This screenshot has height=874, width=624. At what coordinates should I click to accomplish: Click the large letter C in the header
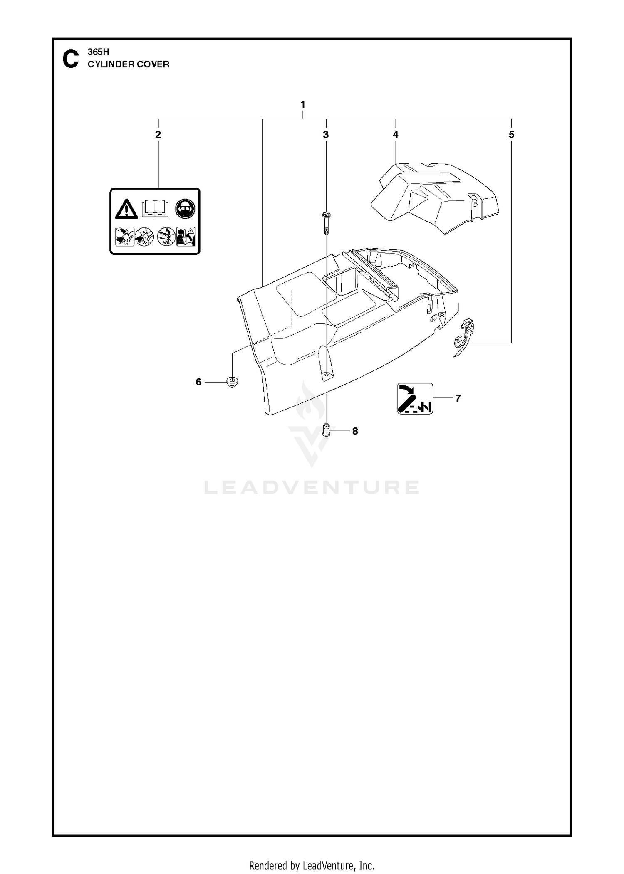[x=70, y=59]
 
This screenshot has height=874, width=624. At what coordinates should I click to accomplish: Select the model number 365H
[x=98, y=52]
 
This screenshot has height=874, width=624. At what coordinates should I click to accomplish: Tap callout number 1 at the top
[x=303, y=104]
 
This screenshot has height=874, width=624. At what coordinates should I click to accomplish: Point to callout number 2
[x=158, y=134]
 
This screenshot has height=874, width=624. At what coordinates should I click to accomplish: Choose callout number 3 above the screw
[x=326, y=134]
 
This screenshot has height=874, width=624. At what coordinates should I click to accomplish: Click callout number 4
[x=395, y=134]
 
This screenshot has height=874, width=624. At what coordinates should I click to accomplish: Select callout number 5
[x=511, y=134]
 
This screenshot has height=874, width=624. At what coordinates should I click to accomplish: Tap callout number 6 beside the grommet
[x=198, y=382]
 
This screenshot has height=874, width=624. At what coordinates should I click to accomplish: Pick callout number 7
[x=458, y=398]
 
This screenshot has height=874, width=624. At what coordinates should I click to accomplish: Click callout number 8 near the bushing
[x=355, y=431]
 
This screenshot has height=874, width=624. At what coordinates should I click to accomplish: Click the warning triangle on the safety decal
[x=127, y=209]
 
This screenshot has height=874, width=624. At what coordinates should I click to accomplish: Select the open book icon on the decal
[x=155, y=208]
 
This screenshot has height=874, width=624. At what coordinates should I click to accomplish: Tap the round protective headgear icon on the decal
[x=185, y=208]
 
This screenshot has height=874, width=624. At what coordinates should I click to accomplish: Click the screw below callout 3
[x=326, y=223]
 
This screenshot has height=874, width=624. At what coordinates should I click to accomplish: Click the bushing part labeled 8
[x=326, y=429]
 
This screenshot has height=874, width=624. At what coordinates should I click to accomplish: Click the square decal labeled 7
[x=415, y=398]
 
